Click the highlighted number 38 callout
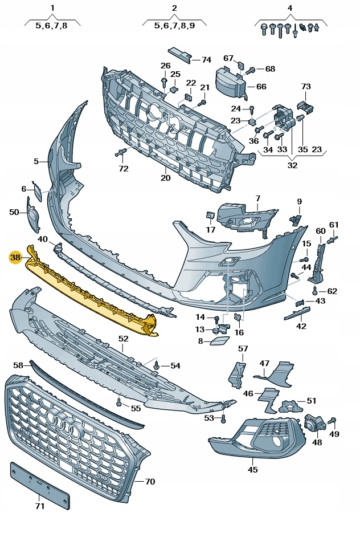point(15,258)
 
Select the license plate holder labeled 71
point(39,484)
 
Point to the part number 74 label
point(206,59)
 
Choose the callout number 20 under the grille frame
point(166,177)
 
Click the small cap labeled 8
point(217,341)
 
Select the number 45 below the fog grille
point(252,470)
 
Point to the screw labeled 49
point(333,422)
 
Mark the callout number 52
point(124,339)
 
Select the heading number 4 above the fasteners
point(290,8)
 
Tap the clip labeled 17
point(210,215)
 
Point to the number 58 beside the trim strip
point(18,365)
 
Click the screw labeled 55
point(119,403)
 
